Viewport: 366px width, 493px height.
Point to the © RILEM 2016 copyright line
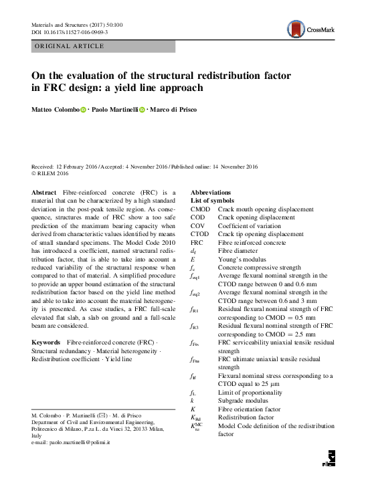pyautogui.click(x=51, y=174)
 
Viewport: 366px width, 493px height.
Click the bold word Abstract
pyautogui.click(x=43, y=191)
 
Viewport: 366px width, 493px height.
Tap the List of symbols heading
pyautogui.click(x=212, y=200)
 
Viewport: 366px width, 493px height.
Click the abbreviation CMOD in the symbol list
pyautogui.click(x=200, y=209)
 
